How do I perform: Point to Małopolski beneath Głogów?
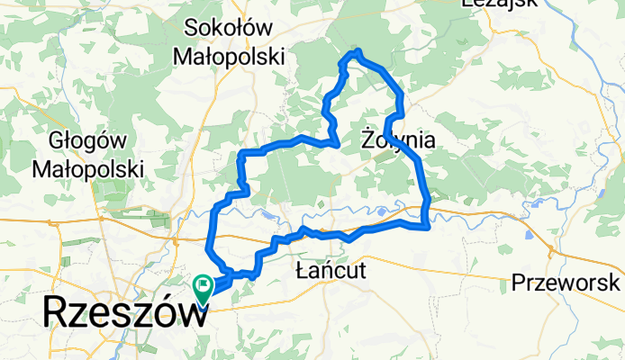click(88, 168)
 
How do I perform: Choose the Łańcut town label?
click(331, 270)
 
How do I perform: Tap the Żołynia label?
click(398, 140)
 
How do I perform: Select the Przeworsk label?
click(566, 283)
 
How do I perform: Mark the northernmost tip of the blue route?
click(358, 50)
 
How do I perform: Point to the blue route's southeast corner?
click(425, 226)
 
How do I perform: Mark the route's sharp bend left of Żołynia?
click(336, 143)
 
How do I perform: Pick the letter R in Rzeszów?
click(57, 315)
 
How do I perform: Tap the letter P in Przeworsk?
click(519, 283)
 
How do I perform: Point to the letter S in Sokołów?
click(192, 28)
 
